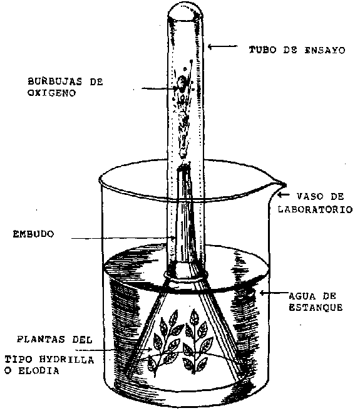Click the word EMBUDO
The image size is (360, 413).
(33, 234)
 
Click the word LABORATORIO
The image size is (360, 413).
(316, 209)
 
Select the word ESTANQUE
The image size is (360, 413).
(316, 307)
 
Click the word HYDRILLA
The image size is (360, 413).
(66, 360)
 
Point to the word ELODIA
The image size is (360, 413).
(39, 371)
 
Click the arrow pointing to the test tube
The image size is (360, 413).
(223, 46)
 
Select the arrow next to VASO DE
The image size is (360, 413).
(284, 195)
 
